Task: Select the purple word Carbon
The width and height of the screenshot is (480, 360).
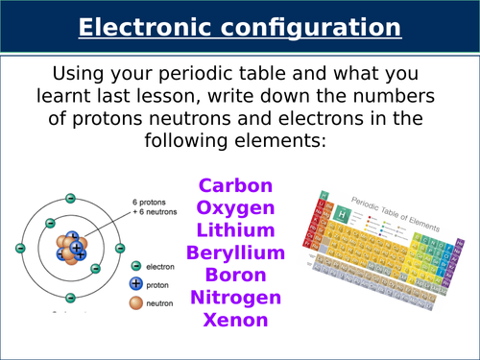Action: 235,185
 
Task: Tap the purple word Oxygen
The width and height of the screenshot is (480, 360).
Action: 235,207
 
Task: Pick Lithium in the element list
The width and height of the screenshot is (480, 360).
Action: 235,229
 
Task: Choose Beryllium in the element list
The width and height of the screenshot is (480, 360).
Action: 235,252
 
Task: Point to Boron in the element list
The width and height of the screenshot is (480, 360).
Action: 235,275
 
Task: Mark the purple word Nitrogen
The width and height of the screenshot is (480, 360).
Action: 235,297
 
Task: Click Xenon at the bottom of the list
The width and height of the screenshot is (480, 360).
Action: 235,320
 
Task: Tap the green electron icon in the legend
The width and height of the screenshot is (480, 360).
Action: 136,266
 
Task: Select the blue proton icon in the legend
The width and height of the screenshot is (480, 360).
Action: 136,283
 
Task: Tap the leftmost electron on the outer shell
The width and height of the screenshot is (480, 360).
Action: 20,249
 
